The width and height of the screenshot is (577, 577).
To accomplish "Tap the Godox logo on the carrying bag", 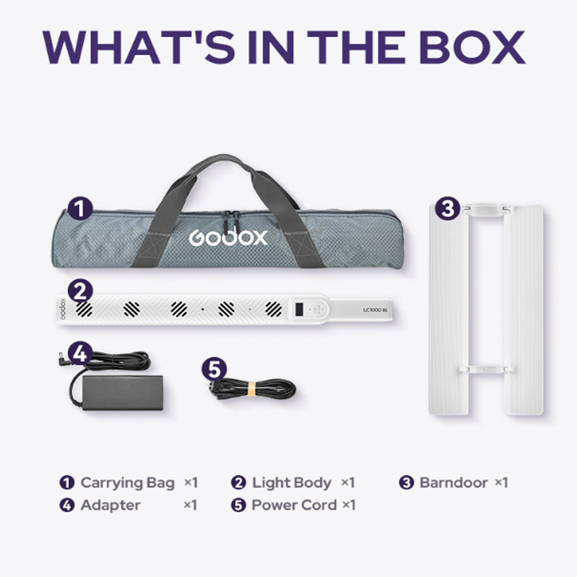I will tap(228, 237).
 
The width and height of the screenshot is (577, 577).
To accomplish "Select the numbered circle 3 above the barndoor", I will tap(447, 209).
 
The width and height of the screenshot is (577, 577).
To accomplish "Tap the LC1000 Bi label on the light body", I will tap(378, 310).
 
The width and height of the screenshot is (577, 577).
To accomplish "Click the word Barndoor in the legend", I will tap(454, 482).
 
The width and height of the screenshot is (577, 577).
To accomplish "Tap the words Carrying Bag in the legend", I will tap(127, 482).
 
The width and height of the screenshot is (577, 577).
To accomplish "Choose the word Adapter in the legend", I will tap(110, 505).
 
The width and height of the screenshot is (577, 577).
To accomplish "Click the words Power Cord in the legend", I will tap(294, 505).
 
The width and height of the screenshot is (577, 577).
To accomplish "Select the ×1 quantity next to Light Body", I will tap(347, 482).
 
